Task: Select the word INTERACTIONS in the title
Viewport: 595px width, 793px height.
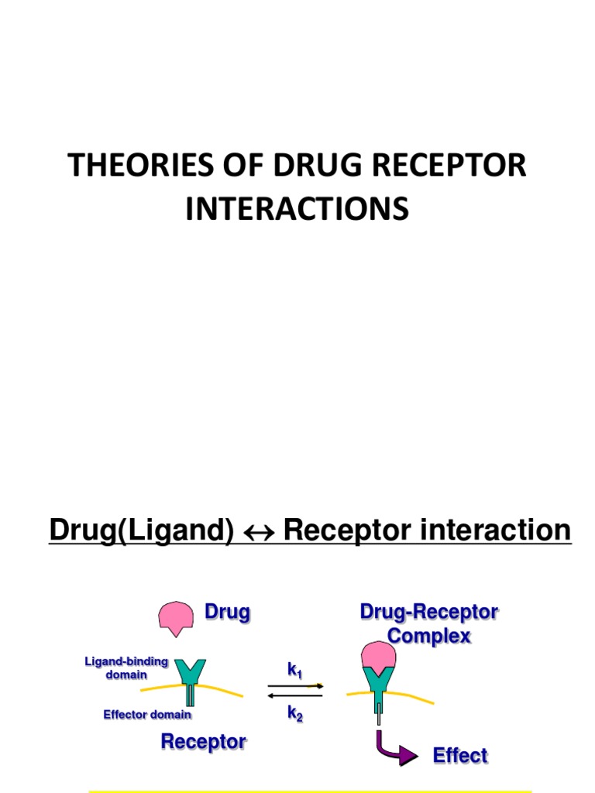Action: [x=297, y=209]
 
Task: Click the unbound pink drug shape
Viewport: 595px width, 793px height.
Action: [x=176, y=617]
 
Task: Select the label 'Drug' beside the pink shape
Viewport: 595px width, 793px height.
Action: [x=227, y=613]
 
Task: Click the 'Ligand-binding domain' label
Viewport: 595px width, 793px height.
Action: [x=126, y=668]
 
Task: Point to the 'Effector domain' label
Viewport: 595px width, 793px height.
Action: [x=147, y=715]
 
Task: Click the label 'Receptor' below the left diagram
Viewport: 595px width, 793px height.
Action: [x=203, y=742]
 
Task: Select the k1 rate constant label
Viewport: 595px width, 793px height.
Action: [x=294, y=670]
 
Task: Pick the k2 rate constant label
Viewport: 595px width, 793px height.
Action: [x=294, y=715]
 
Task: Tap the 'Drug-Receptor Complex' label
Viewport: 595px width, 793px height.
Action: [x=428, y=624]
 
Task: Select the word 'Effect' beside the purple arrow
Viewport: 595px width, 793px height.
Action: [x=459, y=756]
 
